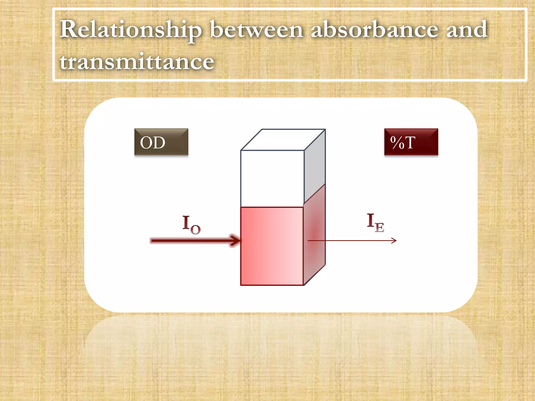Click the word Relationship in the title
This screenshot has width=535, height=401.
[131, 30]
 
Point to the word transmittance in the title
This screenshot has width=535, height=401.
[137, 62]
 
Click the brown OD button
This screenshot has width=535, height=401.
[161, 142]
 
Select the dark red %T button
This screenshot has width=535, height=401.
[411, 142]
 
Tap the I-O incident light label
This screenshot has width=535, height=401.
[191, 224]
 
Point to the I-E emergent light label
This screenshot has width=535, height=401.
[375, 223]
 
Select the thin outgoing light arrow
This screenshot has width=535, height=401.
[353, 240]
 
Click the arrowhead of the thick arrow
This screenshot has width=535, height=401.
[235, 240]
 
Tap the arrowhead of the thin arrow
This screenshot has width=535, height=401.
[394, 240]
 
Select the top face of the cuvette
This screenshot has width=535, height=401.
[283, 140]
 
